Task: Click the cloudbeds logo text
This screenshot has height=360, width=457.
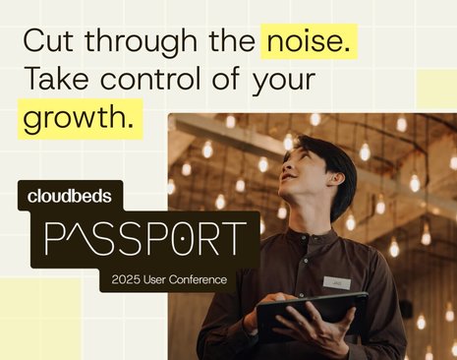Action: (x=70, y=197)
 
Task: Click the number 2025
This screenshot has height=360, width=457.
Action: (x=129, y=280)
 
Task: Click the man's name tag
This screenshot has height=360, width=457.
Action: (x=336, y=282)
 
